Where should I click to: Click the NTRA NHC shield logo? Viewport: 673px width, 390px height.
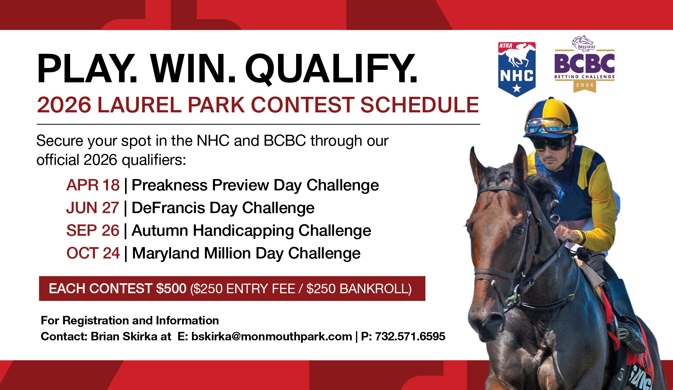click(x=517, y=69)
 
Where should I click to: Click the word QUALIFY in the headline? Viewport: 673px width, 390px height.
click(x=331, y=69)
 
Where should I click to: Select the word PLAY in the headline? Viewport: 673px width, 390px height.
click(x=87, y=69)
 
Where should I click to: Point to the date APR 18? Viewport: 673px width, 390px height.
click(x=93, y=185)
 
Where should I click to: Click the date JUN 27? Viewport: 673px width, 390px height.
click(x=92, y=208)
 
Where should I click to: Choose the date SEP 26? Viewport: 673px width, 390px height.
click(x=93, y=230)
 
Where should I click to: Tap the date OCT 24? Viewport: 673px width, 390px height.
click(x=93, y=253)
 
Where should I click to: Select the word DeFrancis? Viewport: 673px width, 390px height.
click(x=168, y=208)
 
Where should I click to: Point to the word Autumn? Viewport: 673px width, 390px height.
click(x=160, y=230)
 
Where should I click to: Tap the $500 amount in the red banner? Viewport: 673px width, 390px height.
click(x=171, y=289)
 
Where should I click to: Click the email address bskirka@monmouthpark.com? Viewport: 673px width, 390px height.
click(x=272, y=336)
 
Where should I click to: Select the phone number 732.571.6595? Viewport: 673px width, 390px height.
click(x=410, y=336)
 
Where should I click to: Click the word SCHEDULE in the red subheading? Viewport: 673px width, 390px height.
click(x=420, y=105)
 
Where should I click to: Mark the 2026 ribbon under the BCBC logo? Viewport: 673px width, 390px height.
click(x=585, y=86)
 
